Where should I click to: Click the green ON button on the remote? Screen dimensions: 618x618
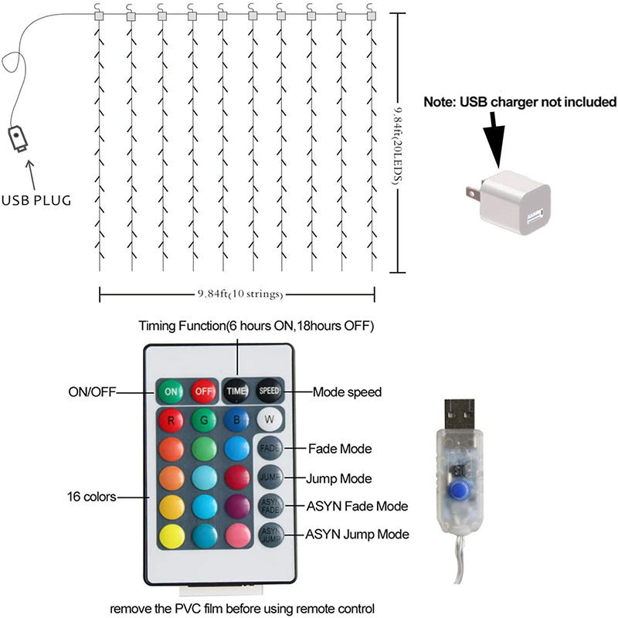click(170, 391)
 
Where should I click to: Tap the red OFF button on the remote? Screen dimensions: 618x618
click(204, 391)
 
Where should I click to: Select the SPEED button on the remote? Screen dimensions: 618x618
click(270, 391)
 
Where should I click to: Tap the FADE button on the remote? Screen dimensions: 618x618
click(270, 448)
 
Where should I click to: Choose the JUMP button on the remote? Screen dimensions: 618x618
click(270, 477)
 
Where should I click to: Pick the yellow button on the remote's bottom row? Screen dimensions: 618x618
click(171, 535)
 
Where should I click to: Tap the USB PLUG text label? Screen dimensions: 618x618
click(36, 200)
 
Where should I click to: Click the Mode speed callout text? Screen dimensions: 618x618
click(347, 392)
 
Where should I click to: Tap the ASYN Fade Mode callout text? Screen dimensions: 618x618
click(358, 505)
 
